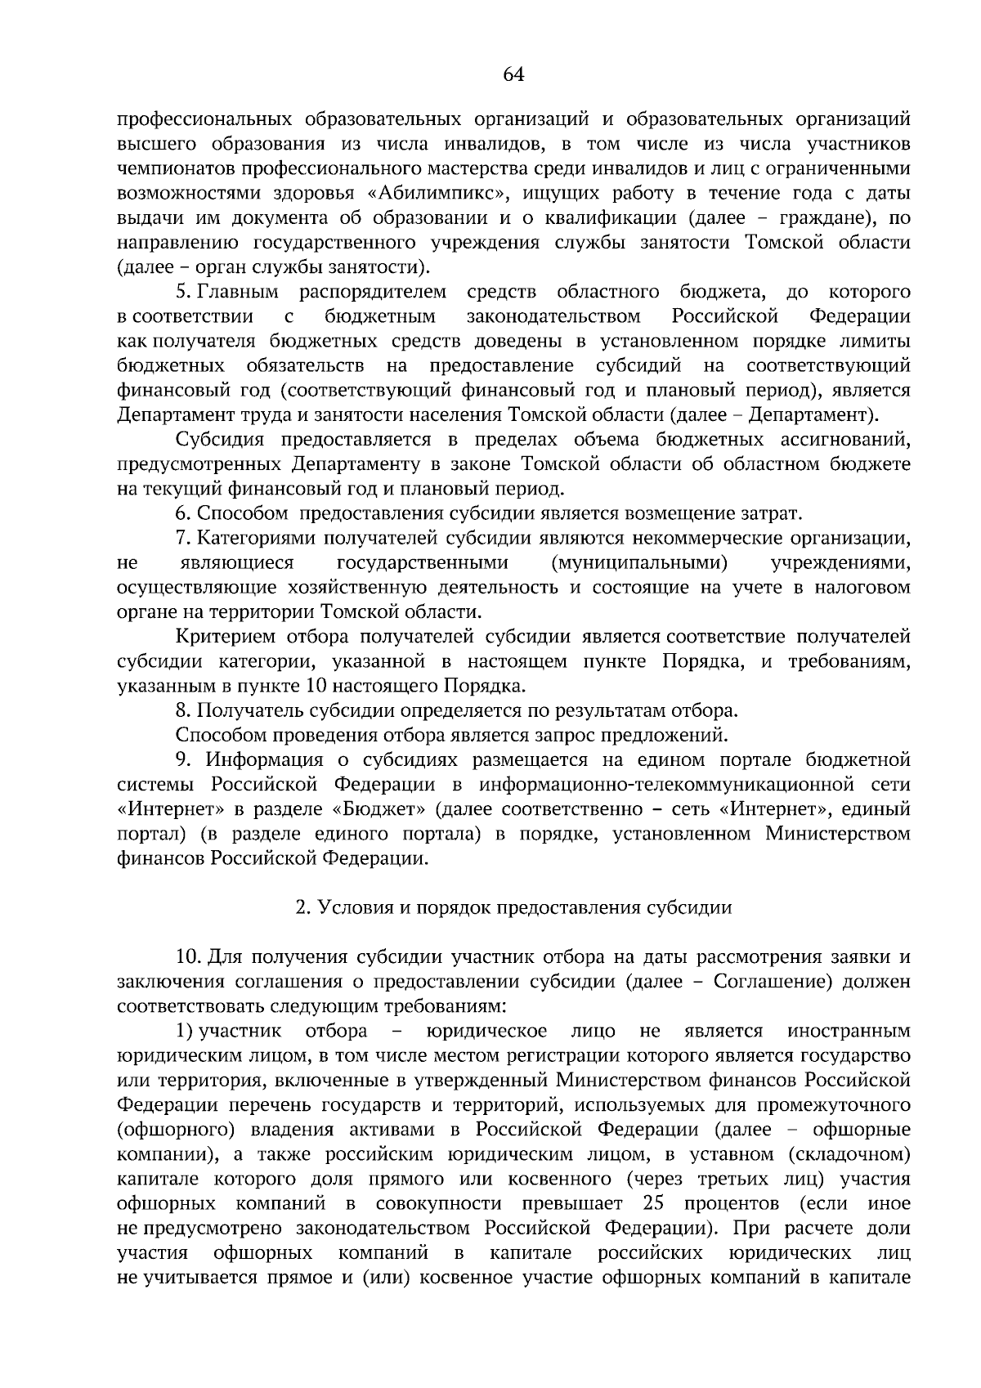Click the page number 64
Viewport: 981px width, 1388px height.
(513, 75)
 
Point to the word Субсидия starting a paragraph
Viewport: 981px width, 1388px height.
(220, 440)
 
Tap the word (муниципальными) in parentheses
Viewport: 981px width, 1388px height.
(640, 562)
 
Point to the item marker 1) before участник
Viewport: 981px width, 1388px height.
(184, 1030)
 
